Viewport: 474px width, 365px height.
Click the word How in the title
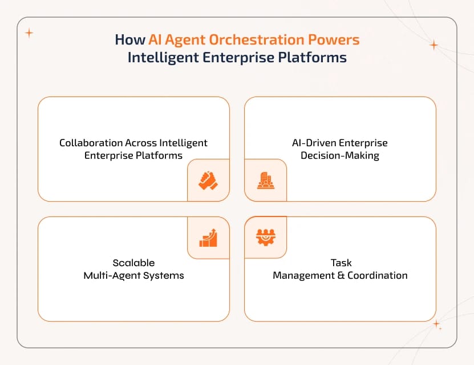pos(129,40)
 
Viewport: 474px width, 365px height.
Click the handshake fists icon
pos(208,181)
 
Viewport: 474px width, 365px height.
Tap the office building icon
pos(266,181)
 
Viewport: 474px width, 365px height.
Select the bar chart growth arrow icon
pos(208,237)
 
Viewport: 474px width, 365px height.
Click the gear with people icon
pos(266,237)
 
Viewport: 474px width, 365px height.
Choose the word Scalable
pos(133,263)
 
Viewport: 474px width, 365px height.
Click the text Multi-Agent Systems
pos(133,275)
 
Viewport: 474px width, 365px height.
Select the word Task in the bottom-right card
pos(341,263)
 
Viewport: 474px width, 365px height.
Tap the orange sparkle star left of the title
pos(29,33)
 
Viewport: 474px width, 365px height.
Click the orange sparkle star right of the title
pos(434,45)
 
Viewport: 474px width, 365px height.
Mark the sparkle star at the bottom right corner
pos(437,325)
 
